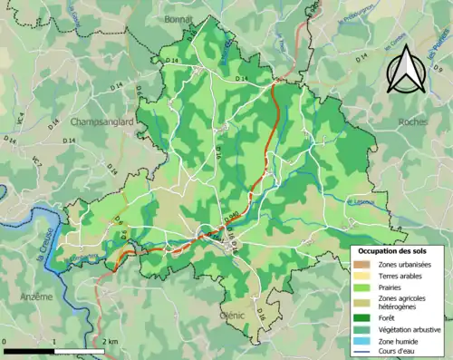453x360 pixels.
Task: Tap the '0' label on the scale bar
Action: click(x=5, y=341)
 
